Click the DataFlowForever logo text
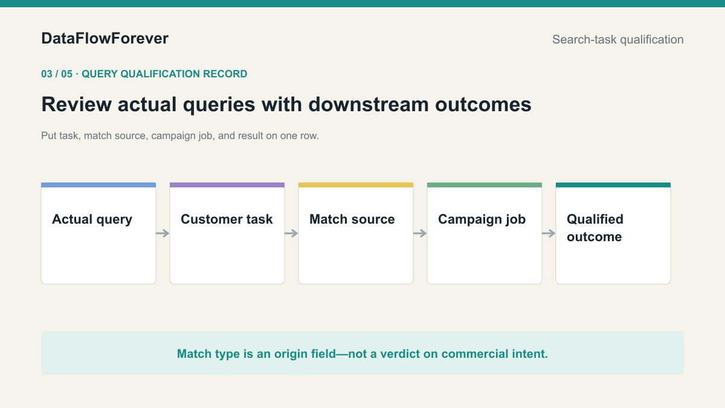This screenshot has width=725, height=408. point(105,39)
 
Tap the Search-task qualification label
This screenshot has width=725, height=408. point(618,39)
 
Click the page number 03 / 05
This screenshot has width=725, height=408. point(57,74)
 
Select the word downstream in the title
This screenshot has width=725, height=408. point(369,104)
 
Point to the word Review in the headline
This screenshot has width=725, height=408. point(76,104)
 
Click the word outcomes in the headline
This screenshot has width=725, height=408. point(483,104)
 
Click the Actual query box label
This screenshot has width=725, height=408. point(92,219)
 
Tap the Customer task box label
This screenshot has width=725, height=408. point(227,219)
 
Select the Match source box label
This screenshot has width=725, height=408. point(352,219)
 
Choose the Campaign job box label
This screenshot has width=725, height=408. point(482,219)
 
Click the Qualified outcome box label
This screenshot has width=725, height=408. point(595,228)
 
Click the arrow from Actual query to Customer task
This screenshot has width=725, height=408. point(163,233)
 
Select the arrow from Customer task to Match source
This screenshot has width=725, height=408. point(291,233)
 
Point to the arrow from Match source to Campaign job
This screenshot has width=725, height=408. point(420,233)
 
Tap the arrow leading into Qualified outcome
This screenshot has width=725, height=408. point(549,233)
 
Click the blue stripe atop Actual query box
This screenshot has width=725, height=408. point(98,185)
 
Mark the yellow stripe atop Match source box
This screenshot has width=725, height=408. point(356,185)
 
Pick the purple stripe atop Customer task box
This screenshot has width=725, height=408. point(227,185)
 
